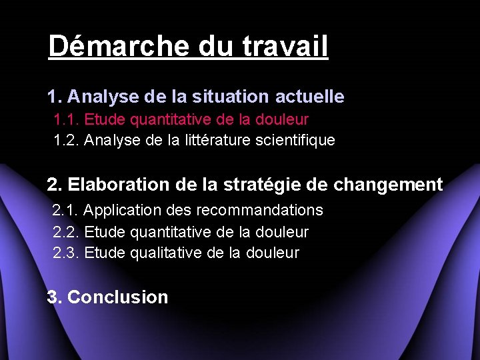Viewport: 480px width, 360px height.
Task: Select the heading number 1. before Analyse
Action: click(x=55, y=97)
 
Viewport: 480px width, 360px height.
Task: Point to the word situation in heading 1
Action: click(x=231, y=97)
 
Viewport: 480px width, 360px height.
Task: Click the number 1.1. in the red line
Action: click(x=66, y=120)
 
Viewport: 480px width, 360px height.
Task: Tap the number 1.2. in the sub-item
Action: click(x=66, y=140)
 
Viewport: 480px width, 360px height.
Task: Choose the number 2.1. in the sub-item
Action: click(x=66, y=211)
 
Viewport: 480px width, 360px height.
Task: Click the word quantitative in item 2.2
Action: click(x=171, y=232)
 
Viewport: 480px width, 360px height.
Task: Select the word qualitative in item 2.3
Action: click(x=166, y=253)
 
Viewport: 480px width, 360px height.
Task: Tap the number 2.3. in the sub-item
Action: click(x=66, y=253)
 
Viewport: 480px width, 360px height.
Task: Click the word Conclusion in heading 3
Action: click(x=118, y=297)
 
